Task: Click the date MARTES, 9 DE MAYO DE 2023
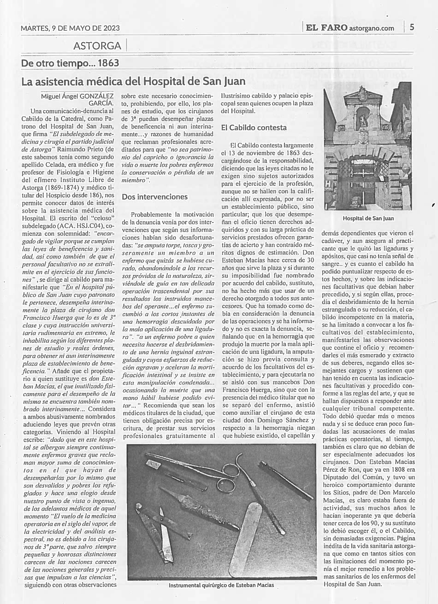[70, 28]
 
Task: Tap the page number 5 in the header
[412, 27]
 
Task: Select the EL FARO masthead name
[327, 28]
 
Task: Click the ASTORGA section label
[97, 46]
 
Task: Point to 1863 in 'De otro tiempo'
[108, 63]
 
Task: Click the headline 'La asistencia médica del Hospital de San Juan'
[133, 81]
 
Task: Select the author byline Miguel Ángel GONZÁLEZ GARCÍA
[77, 99]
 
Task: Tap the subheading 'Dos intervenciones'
[154, 197]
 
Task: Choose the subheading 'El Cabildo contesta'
[254, 128]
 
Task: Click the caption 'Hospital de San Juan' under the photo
[368, 218]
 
